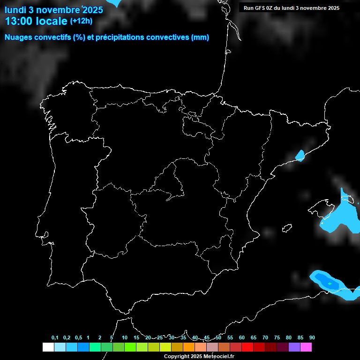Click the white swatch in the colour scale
[48, 347]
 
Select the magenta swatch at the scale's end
[306, 347]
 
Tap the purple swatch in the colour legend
[294, 347]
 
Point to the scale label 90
[312, 337]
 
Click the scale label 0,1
[55, 337]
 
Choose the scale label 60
[242, 337]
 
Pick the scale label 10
[125, 337]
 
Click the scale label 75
[277, 337]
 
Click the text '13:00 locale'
[36, 21]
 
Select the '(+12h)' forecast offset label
[81, 21]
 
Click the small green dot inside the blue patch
[330, 284]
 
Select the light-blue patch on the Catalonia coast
[300, 155]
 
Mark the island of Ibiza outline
[286, 228]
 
